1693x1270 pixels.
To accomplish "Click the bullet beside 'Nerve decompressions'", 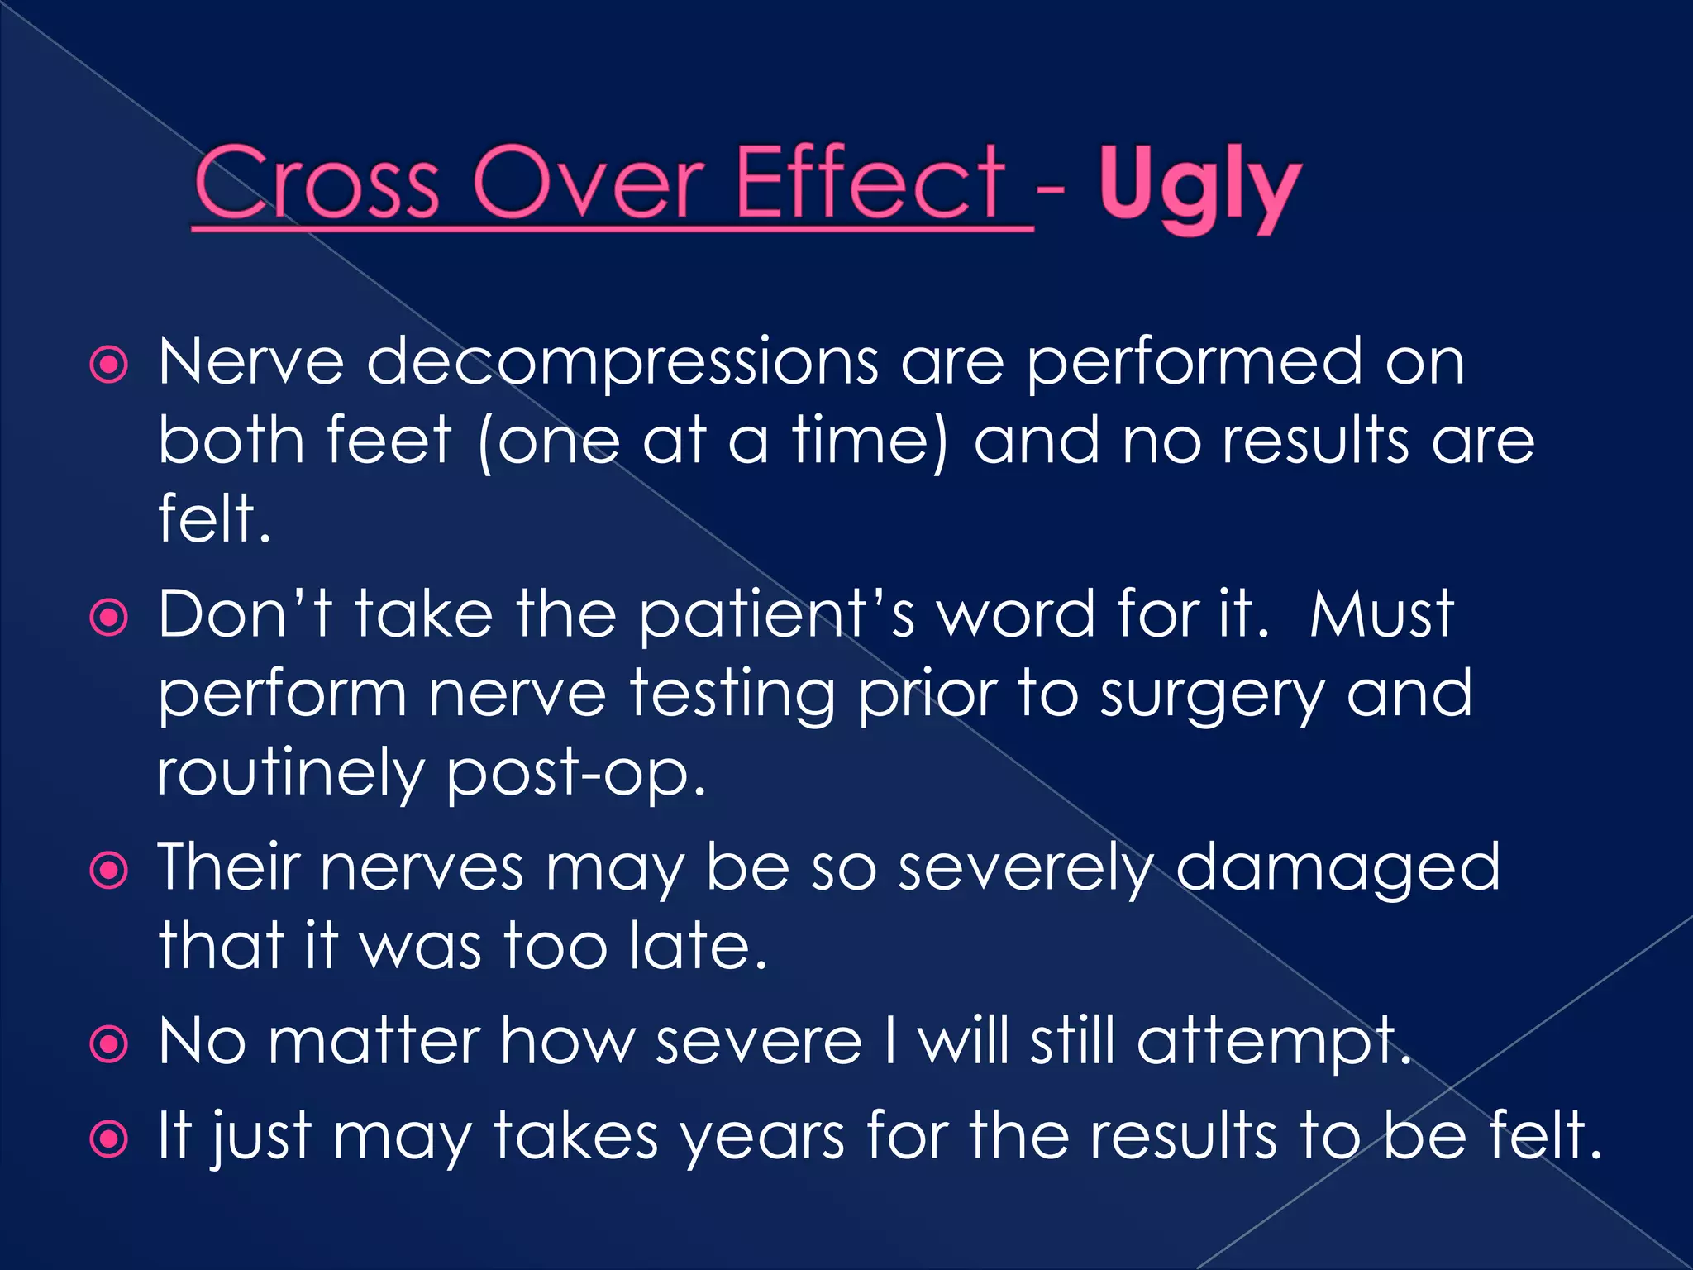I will pyautogui.click(x=109, y=365).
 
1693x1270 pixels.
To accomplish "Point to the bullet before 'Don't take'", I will pyautogui.click(x=109, y=617).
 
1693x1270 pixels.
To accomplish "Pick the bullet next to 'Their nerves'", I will pyautogui.click(x=109, y=871).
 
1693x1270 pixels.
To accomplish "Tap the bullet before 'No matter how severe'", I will pyautogui.click(x=109, y=1044).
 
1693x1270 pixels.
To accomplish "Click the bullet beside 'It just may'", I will pyautogui.click(x=109, y=1139).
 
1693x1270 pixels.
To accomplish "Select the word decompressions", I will pyautogui.click(x=622, y=364).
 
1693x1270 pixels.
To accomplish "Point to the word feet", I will pyautogui.click(x=389, y=440).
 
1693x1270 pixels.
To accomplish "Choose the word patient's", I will pyautogui.click(x=777, y=616).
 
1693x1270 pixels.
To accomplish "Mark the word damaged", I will pyautogui.click(x=1338, y=869).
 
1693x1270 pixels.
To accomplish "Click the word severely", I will pyautogui.click(x=1025, y=869).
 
